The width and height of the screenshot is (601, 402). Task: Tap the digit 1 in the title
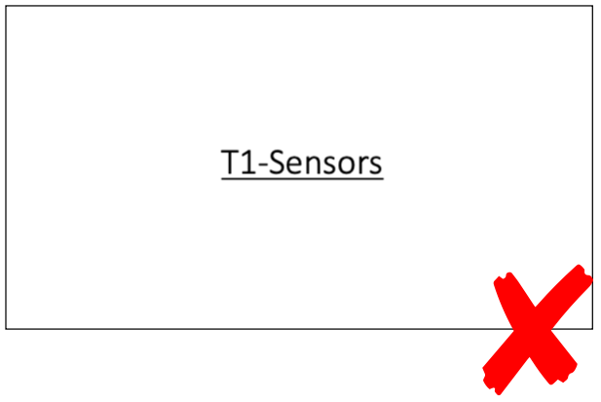[x=247, y=163]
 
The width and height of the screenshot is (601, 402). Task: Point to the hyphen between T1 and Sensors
[x=260, y=166]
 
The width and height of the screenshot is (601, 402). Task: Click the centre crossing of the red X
[x=538, y=329]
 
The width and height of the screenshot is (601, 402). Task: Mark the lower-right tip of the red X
[x=573, y=373]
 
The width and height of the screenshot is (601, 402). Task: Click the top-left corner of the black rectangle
[x=6, y=6]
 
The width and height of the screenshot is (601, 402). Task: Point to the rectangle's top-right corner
[x=592, y=6]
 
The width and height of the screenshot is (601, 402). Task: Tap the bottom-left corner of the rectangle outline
[x=6, y=328]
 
